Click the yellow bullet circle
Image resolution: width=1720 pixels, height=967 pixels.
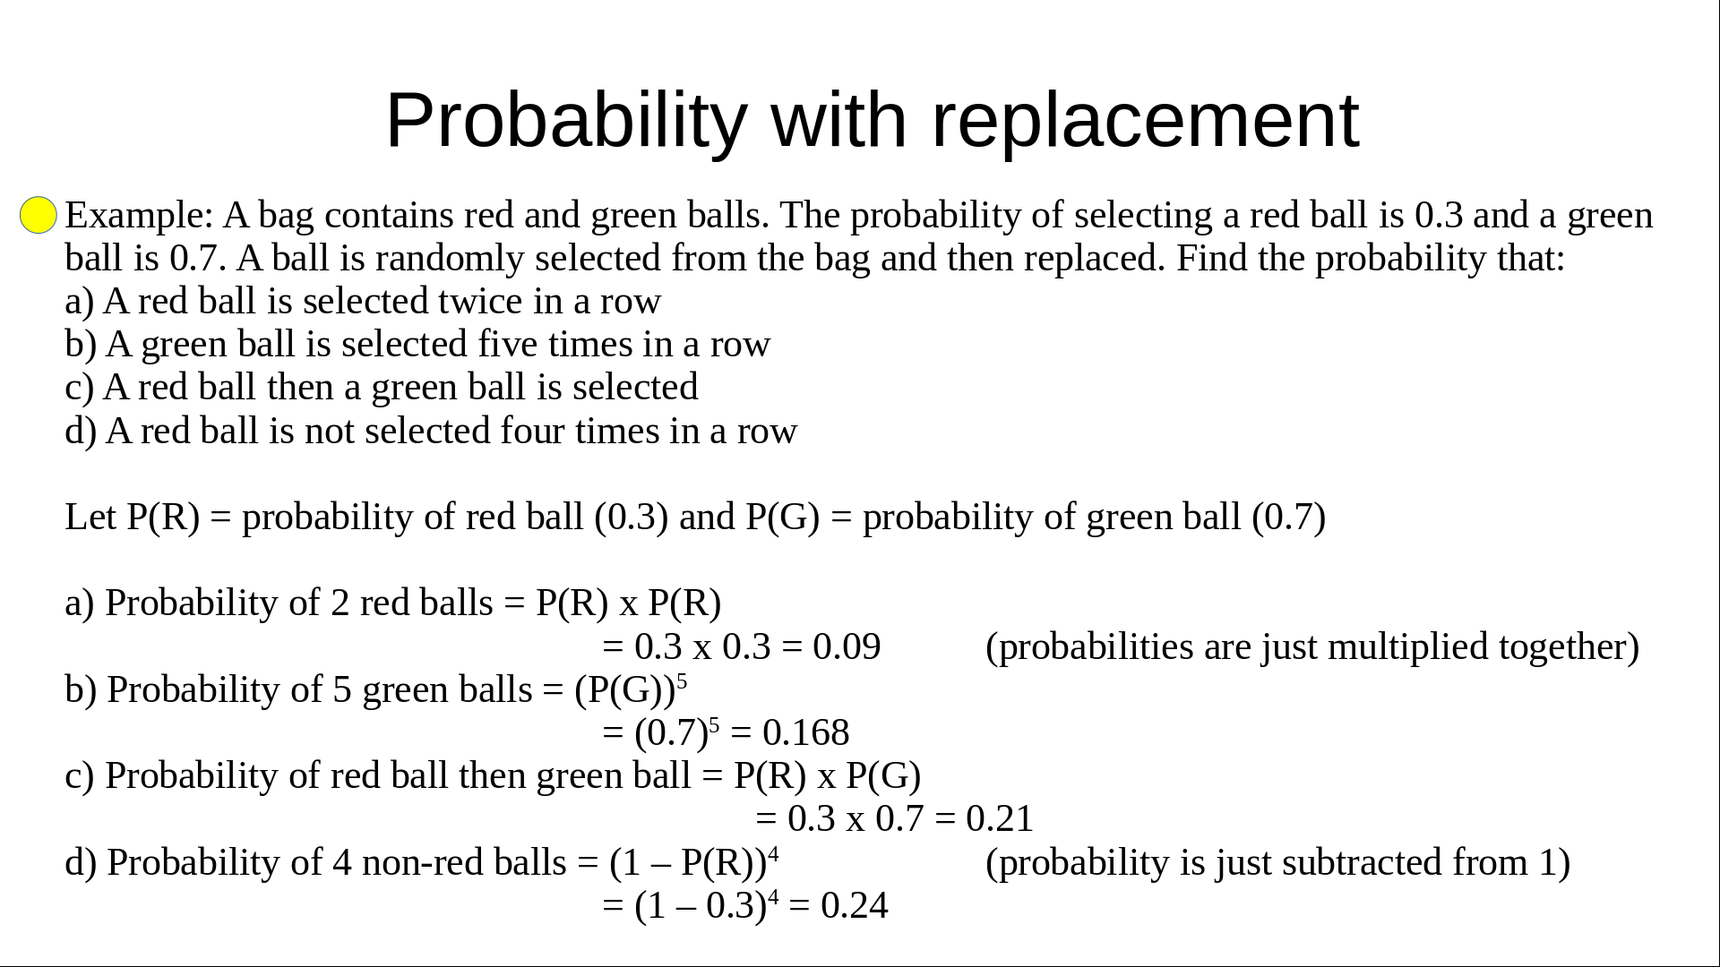coord(39,215)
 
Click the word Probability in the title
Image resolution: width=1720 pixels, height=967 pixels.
coord(566,122)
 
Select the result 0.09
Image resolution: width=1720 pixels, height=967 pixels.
coord(847,646)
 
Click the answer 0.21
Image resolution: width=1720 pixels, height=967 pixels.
coord(1000,819)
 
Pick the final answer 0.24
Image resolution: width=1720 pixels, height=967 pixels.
coord(854,906)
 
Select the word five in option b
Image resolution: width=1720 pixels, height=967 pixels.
coord(507,345)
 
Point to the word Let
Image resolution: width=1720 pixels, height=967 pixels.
coord(90,518)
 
